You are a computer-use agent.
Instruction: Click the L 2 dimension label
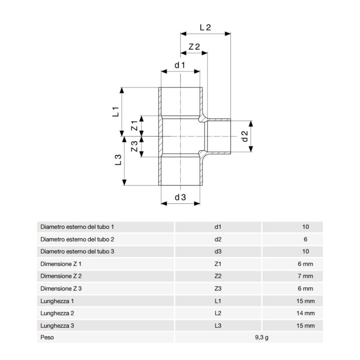tap(205, 27)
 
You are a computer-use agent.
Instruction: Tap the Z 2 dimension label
tap(194, 47)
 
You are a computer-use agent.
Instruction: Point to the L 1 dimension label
tap(116, 112)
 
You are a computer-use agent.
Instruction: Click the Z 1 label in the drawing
tap(134, 126)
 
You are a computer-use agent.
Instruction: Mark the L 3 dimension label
tap(119, 160)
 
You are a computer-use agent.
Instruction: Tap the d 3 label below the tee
tap(180, 197)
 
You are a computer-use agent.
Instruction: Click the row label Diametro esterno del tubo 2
tap(77, 239)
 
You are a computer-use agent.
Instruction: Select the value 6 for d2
tap(305, 239)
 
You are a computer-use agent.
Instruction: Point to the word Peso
tap(47, 338)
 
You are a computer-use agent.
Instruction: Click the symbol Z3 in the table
tap(218, 289)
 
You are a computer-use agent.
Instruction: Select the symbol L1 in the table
tap(218, 301)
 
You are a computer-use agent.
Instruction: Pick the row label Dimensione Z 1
tap(61, 264)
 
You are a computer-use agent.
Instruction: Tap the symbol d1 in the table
tap(218, 227)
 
